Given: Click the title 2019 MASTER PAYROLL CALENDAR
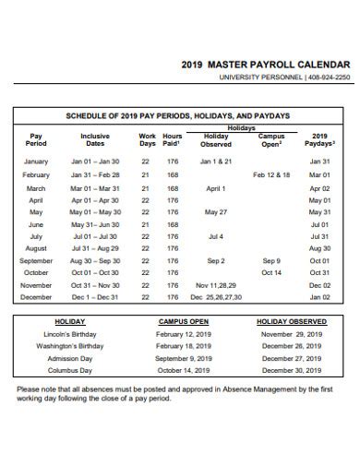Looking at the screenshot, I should tap(266, 65).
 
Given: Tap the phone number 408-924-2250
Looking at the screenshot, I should tap(330, 78).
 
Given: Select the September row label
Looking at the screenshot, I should tap(36, 260).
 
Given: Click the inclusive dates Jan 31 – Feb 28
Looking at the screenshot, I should tap(95, 173).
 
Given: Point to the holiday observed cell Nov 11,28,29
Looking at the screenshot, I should tap(216, 285).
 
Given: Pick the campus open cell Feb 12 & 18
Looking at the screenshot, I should tap(271, 173).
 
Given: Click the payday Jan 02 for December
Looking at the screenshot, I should tap(319, 297).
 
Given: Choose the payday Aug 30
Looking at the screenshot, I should tap(319, 248).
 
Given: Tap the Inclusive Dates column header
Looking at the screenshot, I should tap(95, 139).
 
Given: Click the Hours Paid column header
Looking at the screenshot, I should tap(172, 139).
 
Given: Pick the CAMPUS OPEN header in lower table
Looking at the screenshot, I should tap(184, 321).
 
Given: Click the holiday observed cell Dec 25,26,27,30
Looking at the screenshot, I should tap(216, 297).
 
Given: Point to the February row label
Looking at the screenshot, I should tap(36, 173).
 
